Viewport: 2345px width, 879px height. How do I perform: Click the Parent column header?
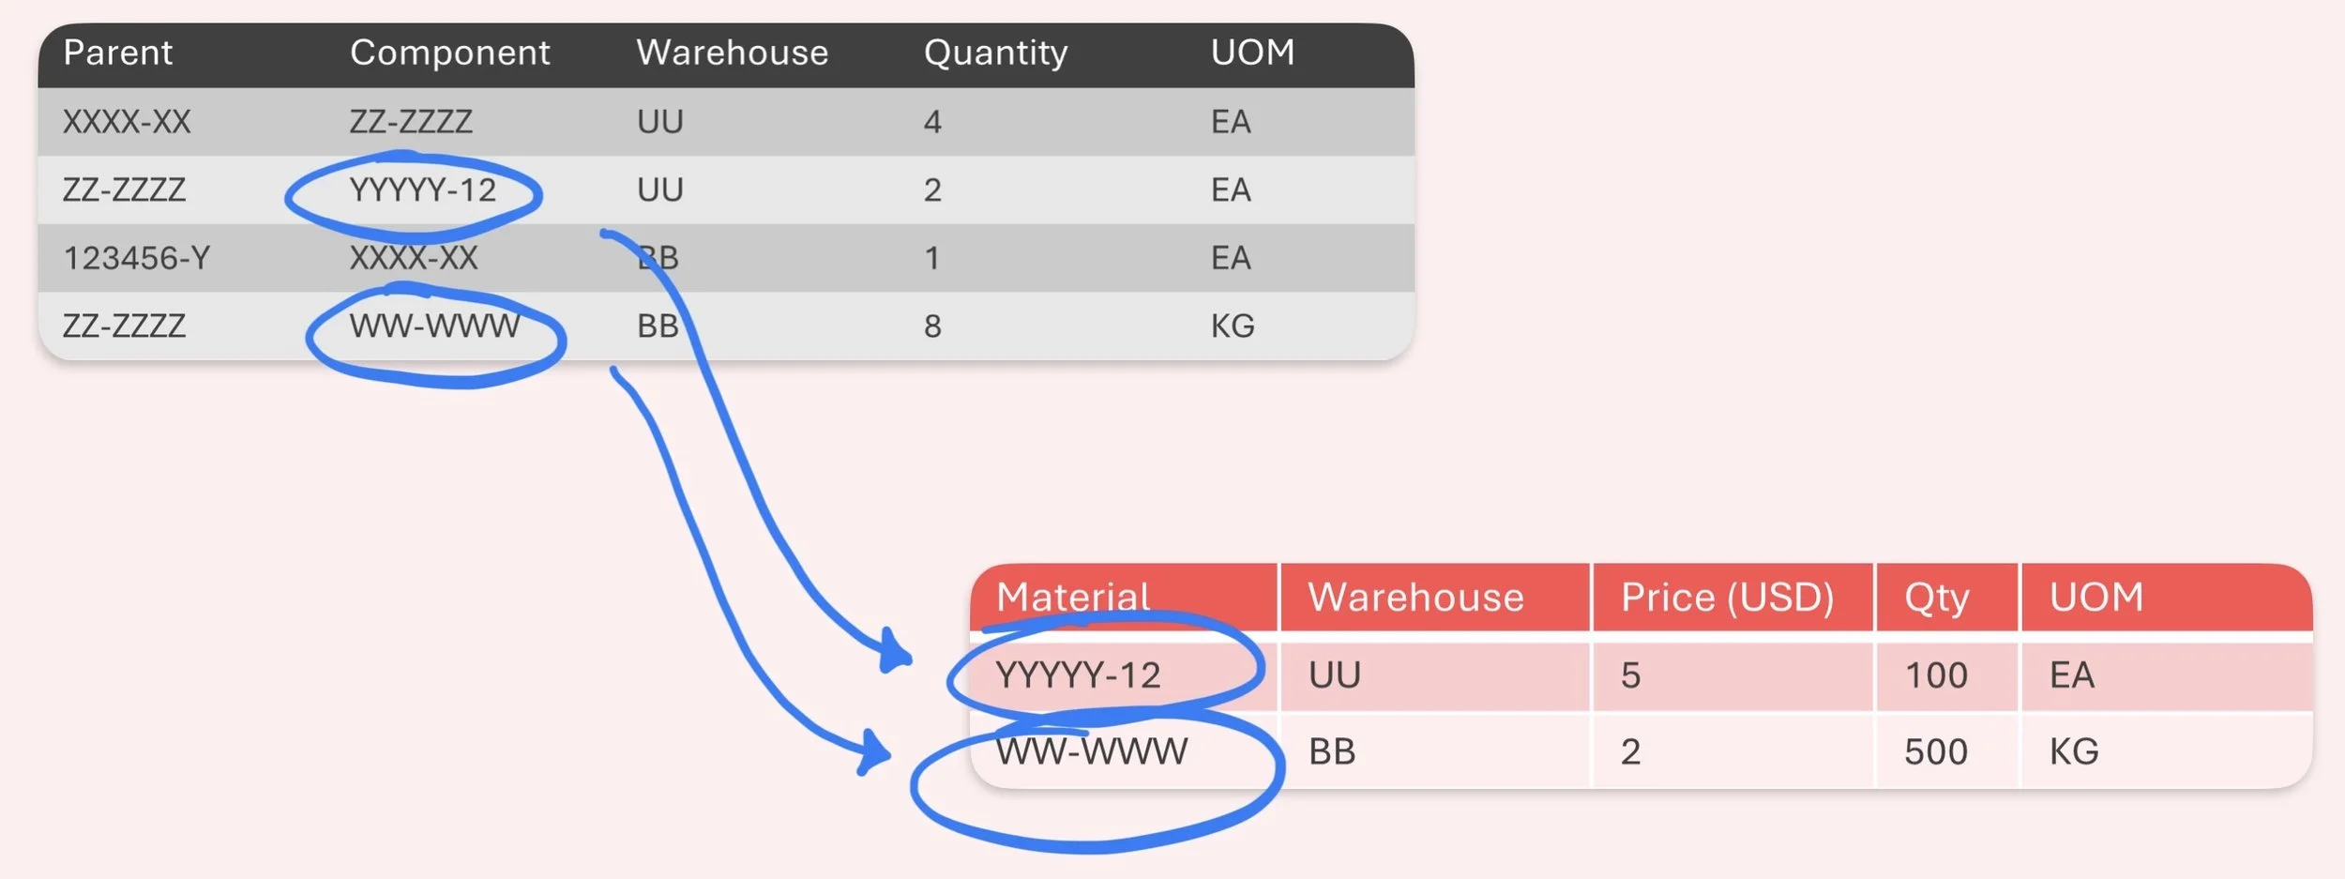point(117,53)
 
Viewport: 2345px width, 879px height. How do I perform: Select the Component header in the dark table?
point(449,53)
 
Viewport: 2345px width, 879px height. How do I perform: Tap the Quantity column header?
point(995,53)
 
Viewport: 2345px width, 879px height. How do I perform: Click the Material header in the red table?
point(1072,597)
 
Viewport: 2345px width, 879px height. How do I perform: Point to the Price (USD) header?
point(1727,597)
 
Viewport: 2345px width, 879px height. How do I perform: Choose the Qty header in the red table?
point(1936,597)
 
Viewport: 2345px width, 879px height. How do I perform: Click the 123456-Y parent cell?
point(136,257)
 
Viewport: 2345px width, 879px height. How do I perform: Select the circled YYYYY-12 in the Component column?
point(422,190)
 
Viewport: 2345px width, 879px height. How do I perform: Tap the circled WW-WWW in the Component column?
point(434,326)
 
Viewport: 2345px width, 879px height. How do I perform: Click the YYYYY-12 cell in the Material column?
point(1078,674)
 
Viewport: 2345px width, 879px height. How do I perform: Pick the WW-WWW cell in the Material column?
point(1091,751)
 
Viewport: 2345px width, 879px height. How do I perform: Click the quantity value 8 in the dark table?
point(931,326)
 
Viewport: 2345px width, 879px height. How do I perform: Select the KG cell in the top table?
point(1232,326)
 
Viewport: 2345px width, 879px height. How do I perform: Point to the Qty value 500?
point(1935,751)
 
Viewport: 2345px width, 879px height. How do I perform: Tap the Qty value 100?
point(1935,674)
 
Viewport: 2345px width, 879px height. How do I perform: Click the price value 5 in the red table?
point(1630,674)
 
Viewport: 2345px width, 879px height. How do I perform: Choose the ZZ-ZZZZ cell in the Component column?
point(411,122)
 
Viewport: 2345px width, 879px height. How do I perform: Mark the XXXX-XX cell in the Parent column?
point(127,122)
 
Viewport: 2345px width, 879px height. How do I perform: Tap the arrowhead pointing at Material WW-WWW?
point(874,752)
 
